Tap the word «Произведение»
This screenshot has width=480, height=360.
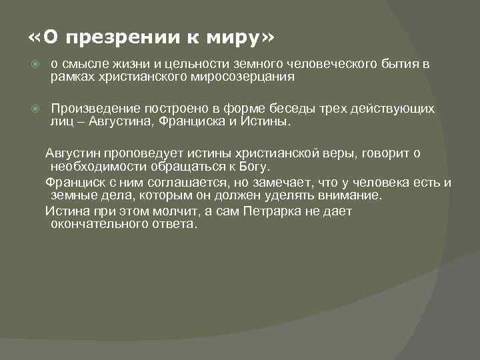pyautogui.click(x=93, y=109)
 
